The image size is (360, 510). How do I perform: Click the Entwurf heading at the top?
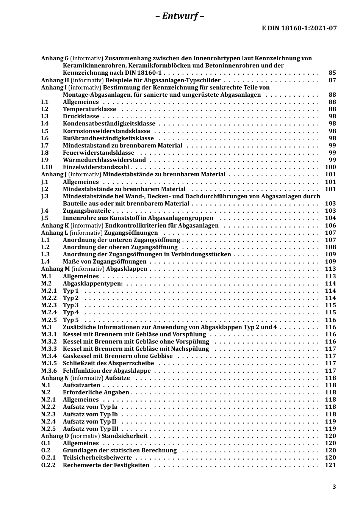(180, 16)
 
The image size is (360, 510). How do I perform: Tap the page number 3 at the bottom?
(334, 487)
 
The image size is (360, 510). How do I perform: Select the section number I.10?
(47, 167)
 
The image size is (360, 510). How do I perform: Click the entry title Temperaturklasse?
(89, 109)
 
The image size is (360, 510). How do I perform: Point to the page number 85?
(332, 73)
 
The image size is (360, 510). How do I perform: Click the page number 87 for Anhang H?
(332, 80)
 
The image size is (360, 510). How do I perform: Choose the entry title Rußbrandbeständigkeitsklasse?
(108, 138)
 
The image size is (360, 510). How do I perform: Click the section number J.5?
(45, 218)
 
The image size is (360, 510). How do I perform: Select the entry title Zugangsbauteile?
(87, 211)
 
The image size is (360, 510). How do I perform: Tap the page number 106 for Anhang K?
(330, 226)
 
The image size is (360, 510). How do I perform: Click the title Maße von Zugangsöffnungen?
(105, 262)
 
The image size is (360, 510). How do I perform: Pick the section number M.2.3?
(49, 305)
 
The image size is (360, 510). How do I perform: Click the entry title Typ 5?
(71, 320)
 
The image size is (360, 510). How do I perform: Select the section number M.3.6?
(49, 371)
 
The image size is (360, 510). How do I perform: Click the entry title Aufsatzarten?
(81, 385)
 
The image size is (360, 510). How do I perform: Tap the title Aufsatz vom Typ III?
(91, 429)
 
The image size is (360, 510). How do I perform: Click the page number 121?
(330, 465)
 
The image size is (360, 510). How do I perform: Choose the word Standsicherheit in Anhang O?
(124, 436)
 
